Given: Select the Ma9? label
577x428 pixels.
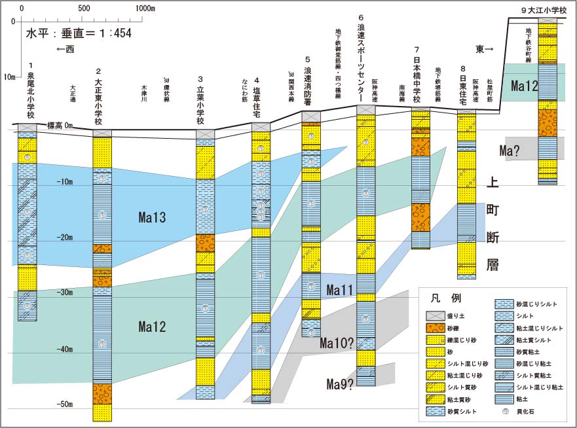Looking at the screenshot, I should [341, 384].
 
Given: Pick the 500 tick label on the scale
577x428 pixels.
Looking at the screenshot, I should [84, 9].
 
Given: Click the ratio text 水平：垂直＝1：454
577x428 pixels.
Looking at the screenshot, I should [79, 33].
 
